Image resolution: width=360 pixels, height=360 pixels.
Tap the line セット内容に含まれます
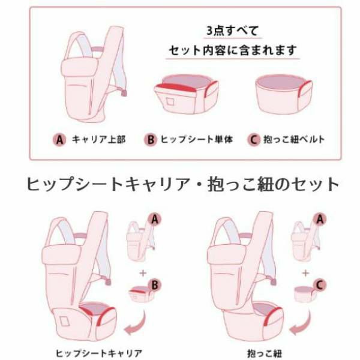pyautogui.click(x=232, y=49)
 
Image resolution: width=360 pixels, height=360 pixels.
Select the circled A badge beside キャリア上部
pyautogui.click(x=59, y=140)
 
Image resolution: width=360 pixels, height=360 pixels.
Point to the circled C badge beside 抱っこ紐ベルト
pyautogui.click(x=254, y=140)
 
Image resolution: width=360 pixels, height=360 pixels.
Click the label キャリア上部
pyautogui.click(x=98, y=140)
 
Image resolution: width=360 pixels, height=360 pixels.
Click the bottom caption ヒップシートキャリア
pyautogui.click(x=89, y=352)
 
